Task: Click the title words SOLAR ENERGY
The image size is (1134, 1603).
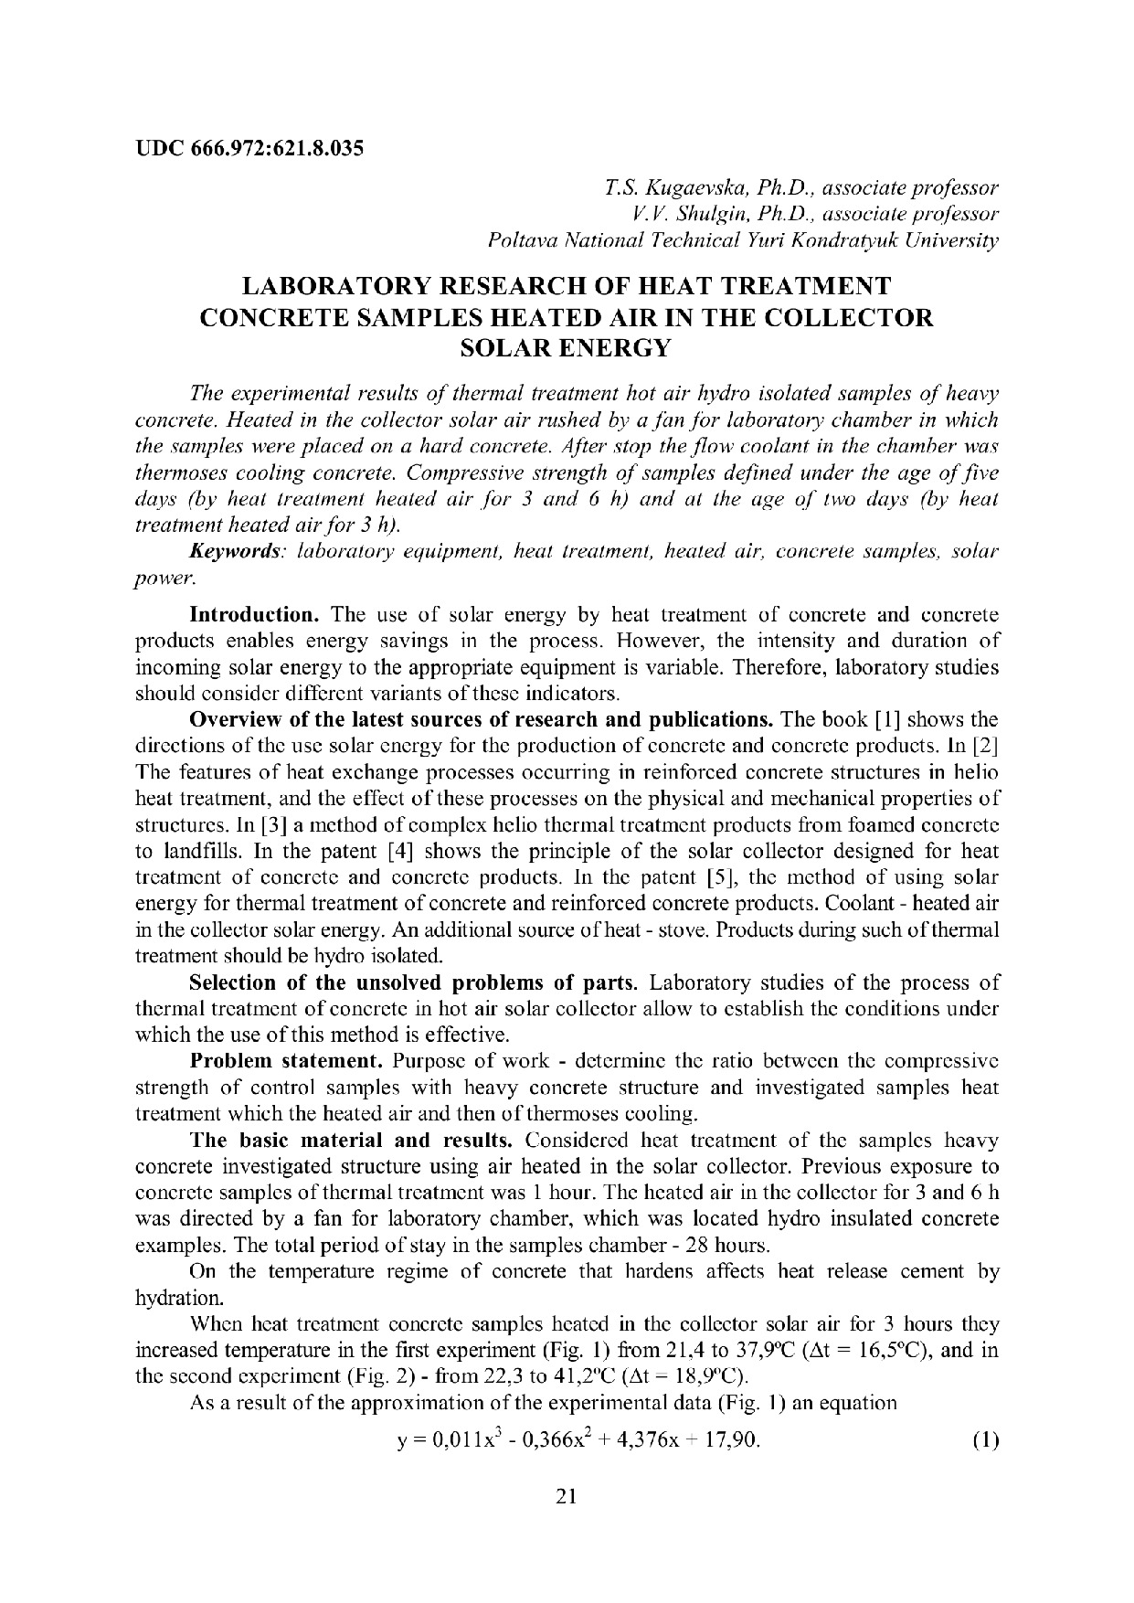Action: point(567,347)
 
